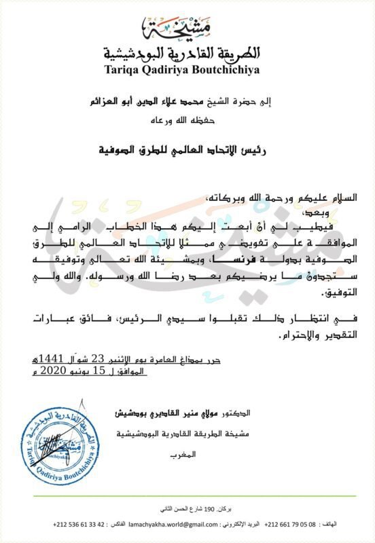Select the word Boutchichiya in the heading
[x=231, y=69]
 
